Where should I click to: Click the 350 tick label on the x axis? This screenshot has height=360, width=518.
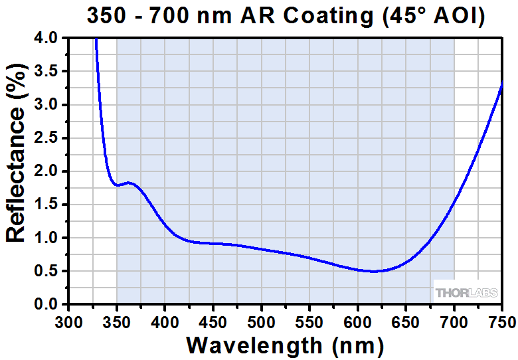click(116, 322)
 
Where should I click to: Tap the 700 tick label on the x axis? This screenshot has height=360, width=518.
click(454, 322)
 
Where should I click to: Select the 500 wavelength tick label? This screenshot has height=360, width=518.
click(261, 322)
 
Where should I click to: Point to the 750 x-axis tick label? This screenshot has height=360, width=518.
click(501, 322)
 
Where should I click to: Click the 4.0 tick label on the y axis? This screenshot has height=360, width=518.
click(47, 39)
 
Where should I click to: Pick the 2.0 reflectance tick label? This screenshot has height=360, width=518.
click(47, 171)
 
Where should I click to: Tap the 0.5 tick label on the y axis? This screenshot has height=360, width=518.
click(47, 271)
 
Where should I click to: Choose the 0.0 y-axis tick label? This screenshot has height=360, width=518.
click(47, 304)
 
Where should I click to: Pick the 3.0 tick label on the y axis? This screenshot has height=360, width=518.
click(47, 105)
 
